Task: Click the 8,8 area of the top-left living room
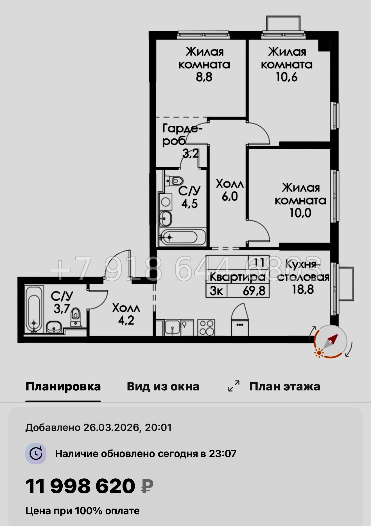[x=204, y=77]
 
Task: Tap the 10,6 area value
[x=286, y=77]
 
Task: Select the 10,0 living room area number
[x=300, y=213]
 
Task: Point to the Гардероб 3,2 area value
[x=191, y=154]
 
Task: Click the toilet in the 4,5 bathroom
[x=174, y=180]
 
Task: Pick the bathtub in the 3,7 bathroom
[x=34, y=309]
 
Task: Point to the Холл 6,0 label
[x=230, y=190]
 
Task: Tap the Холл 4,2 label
[x=126, y=314]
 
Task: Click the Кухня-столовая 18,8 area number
[x=303, y=289]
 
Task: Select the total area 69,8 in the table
[x=254, y=291]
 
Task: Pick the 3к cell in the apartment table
[x=216, y=291]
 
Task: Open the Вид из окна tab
[x=163, y=386]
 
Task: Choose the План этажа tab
[x=284, y=386]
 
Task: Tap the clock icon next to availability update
[x=36, y=453]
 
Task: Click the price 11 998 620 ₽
[x=89, y=486]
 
